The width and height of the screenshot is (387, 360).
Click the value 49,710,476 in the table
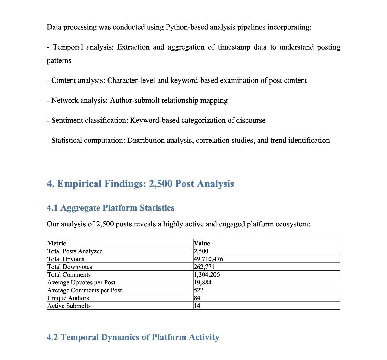pos(208,259)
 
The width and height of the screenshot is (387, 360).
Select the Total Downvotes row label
pos(70,267)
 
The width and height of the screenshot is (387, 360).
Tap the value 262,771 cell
pos(204,267)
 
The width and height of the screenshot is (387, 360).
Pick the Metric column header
pos(57,243)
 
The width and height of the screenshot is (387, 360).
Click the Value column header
pos(202,243)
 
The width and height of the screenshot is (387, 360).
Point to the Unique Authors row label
pos(68,298)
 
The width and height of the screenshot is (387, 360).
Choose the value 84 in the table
pos(197,298)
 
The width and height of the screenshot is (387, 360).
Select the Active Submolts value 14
pos(197,306)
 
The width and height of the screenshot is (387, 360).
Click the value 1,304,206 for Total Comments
pos(207,275)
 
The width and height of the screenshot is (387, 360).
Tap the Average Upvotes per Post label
pos(81,282)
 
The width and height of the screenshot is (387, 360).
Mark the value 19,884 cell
pos(203,282)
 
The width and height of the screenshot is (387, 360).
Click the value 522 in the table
pos(199,290)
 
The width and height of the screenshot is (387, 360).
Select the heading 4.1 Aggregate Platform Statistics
pos(110,208)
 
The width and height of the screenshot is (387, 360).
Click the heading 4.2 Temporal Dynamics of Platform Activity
pos(133,337)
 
